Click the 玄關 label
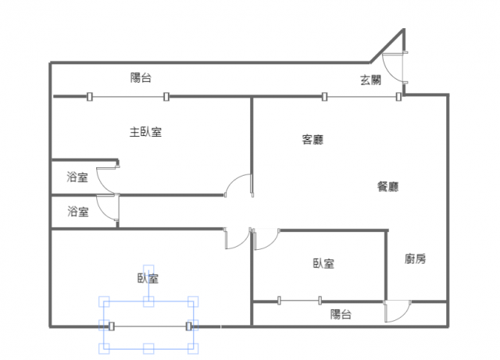click(x=370, y=79)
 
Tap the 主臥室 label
click(x=145, y=132)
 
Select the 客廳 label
click(x=312, y=141)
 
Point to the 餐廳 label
click(x=388, y=187)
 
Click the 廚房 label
click(x=416, y=259)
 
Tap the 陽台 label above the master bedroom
click(x=141, y=77)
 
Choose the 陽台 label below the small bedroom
click(x=341, y=314)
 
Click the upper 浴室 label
click(x=77, y=177)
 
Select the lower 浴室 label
click(x=77, y=211)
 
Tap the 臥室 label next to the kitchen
click(x=323, y=263)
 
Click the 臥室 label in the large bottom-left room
click(x=148, y=278)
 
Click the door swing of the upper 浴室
click(x=106, y=180)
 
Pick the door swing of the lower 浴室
click(x=106, y=211)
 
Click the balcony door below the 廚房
click(x=396, y=312)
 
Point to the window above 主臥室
click(x=127, y=97)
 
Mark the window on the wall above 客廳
click(x=361, y=97)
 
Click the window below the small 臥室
click(x=299, y=300)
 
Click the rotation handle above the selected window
click(x=148, y=269)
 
